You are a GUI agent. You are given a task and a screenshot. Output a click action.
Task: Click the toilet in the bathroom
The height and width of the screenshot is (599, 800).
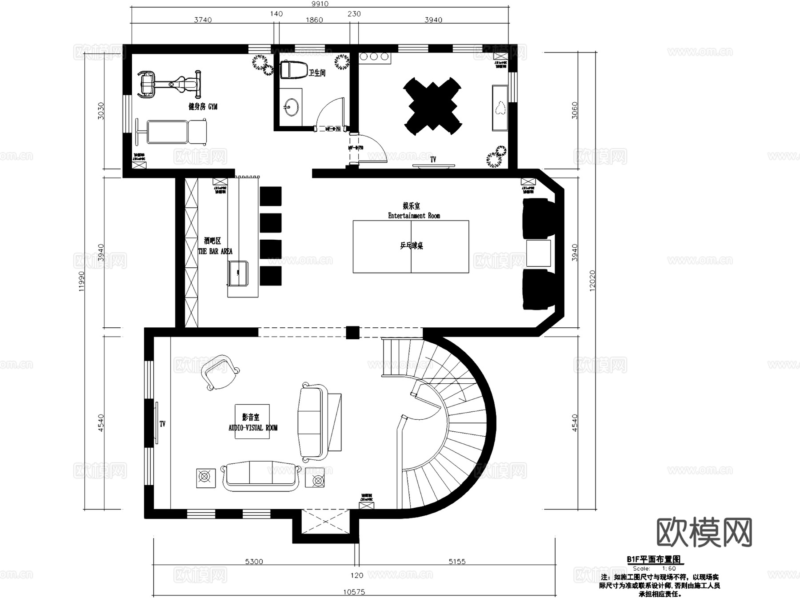point(294,70)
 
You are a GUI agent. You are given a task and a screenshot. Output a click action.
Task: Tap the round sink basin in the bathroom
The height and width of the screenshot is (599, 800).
point(292,107)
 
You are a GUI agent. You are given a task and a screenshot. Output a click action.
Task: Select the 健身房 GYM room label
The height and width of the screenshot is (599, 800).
point(203,107)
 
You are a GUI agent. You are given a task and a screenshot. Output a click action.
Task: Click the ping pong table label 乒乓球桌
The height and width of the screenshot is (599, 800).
point(411,245)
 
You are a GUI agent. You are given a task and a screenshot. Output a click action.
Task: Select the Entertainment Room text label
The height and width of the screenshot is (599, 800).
point(414,216)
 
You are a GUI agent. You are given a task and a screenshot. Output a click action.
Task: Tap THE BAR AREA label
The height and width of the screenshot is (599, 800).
point(215,251)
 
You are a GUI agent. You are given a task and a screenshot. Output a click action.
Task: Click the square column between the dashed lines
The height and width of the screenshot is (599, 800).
point(352,333)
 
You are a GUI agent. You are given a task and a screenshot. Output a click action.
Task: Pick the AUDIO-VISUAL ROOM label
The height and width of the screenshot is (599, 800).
point(253,428)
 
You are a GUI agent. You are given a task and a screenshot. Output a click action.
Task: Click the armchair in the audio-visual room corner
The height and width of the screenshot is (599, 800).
point(220,372)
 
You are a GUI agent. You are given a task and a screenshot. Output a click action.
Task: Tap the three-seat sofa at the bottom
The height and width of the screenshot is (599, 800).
point(260,476)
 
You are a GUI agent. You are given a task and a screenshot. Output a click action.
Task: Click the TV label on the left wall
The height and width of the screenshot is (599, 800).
point(162,424)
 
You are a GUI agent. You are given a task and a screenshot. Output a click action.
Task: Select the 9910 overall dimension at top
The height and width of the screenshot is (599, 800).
point(320,4)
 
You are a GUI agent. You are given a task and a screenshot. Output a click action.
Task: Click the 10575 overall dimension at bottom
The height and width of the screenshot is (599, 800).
point(354,592)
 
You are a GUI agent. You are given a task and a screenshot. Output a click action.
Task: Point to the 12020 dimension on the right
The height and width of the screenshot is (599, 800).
point(592,281)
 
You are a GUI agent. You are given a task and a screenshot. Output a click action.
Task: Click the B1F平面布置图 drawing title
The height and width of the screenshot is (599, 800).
point(653,559)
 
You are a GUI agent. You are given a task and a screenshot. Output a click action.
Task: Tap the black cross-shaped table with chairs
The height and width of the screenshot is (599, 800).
point(432,106)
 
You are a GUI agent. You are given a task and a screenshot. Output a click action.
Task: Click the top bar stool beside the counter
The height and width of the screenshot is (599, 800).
point(270,196)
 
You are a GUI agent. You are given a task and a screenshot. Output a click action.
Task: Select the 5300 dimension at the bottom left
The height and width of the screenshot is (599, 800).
point(254,562)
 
